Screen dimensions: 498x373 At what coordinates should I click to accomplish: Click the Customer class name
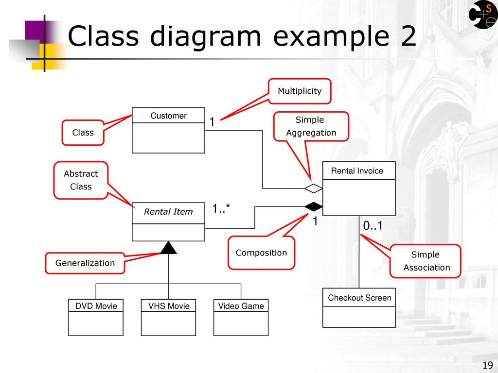click(168, 116)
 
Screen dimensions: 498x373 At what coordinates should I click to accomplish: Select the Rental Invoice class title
click(357, 171)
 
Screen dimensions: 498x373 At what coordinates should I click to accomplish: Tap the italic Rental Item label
click(168, 212)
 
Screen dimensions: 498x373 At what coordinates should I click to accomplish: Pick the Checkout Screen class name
click(359, 298)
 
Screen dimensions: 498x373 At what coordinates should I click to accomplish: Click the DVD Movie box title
click(96, 306)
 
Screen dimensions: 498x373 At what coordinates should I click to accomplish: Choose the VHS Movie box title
click(169, 306)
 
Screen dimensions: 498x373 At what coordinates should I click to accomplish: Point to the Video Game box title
click(241, 306)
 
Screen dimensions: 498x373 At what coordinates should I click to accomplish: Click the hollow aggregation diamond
click(314, 188)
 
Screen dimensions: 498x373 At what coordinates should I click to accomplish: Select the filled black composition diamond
click(314, 207)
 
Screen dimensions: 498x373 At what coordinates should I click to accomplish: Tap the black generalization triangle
click(168, 248)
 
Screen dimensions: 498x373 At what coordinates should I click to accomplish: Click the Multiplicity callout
click(300, 91)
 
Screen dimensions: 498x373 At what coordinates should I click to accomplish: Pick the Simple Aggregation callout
click(311, 126)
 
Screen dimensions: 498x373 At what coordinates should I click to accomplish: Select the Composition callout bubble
click(261, 253)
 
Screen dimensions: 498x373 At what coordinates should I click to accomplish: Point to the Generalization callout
click(85, 263)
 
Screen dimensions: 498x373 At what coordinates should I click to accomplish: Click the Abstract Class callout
click(81, 180)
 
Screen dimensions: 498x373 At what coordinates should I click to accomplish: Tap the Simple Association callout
click(426, 261)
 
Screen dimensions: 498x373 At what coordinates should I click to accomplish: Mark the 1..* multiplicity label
click(221, 209)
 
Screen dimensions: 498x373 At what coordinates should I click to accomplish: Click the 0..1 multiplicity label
click(373, 226)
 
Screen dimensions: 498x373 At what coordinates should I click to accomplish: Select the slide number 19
click(487, 365)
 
